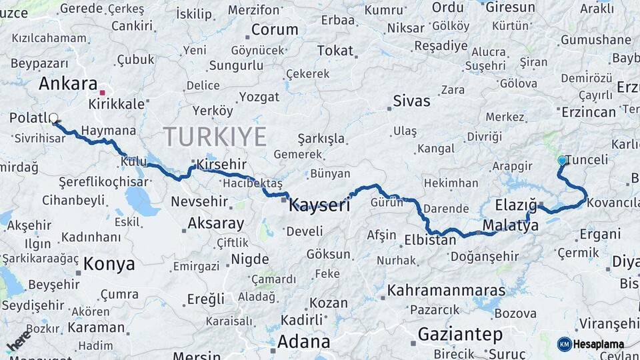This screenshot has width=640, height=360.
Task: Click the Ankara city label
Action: [x=68, y=83]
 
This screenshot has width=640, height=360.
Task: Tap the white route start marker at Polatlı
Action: [x=53, y=118]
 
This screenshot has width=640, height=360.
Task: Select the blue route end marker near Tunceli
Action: [x=562, y=161]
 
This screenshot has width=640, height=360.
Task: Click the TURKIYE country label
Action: [x=215, y=136]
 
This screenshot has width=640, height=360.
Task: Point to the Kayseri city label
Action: [x=319, y=205]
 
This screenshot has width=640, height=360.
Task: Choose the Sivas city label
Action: [x=411, y=101]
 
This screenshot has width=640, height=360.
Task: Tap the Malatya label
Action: [x=511, y=225]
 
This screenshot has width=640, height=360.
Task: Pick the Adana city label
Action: [x=303, y=342]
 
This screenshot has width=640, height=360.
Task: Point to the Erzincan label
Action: [x=589, y=112]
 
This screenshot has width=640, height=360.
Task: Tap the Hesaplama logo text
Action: [x=598, y=344]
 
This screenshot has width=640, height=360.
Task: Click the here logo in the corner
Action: [x=18, y=339]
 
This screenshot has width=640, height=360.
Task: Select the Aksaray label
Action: [x=215, y=223]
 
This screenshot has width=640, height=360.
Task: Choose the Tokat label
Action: [x=335, y=51]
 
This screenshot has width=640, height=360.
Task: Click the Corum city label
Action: [x=274, y=30]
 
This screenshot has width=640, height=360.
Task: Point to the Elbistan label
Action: [x=430, y=239]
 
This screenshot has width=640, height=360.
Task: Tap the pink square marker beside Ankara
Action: [x=102, y=93]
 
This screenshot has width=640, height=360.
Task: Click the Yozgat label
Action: [x=259, y=97]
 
